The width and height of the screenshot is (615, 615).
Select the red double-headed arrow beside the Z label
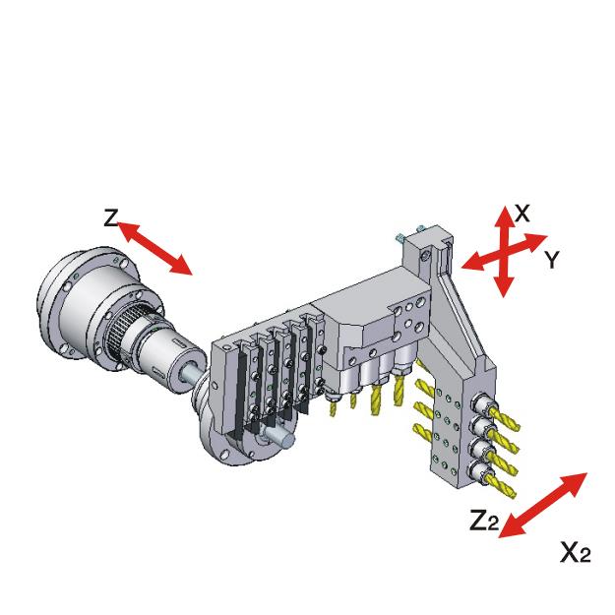(x=154, y=248)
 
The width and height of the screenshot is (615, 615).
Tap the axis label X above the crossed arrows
(x=523, y=214)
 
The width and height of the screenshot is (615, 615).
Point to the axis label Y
(x=551, y=260)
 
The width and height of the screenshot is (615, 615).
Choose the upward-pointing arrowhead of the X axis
(x=503, y=213)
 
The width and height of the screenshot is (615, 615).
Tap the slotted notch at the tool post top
(x=440, y=259)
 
